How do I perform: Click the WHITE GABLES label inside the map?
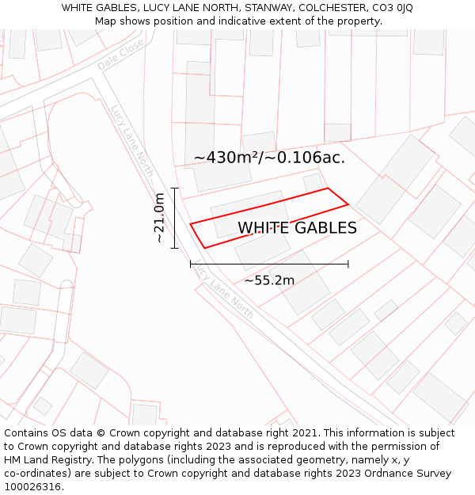tap(297, 228)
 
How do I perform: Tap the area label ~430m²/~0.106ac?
tap(269, 158)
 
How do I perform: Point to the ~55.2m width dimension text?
tap(269, 280)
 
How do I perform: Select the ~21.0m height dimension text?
tap(159, 218)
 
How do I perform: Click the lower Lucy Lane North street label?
tap(225, 292)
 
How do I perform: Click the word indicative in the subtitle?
tap(228, 21)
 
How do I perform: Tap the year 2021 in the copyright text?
tap(304, 433)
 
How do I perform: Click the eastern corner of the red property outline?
tap(348, 204)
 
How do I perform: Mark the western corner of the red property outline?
tap(190, 223)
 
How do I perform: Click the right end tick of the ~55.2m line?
tap(348, 264)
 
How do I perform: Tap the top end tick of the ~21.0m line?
tap(175, 188)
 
